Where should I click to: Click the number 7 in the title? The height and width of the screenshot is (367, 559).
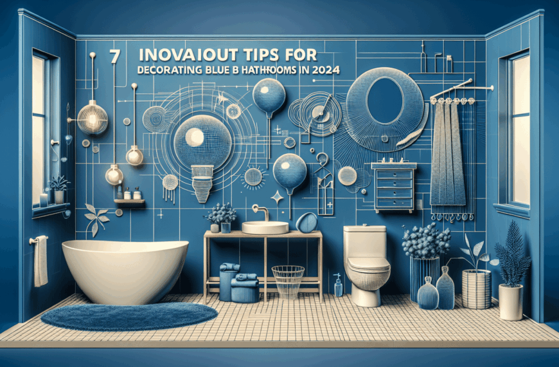click(115, 56)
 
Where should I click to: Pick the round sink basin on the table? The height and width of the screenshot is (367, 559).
click(265, 227)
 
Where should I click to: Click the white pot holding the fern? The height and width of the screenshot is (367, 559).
click(511, 301)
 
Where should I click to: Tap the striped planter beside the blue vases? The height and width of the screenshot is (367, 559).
click(476, 288)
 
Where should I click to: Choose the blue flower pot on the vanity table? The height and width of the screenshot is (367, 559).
click(226, 227)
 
